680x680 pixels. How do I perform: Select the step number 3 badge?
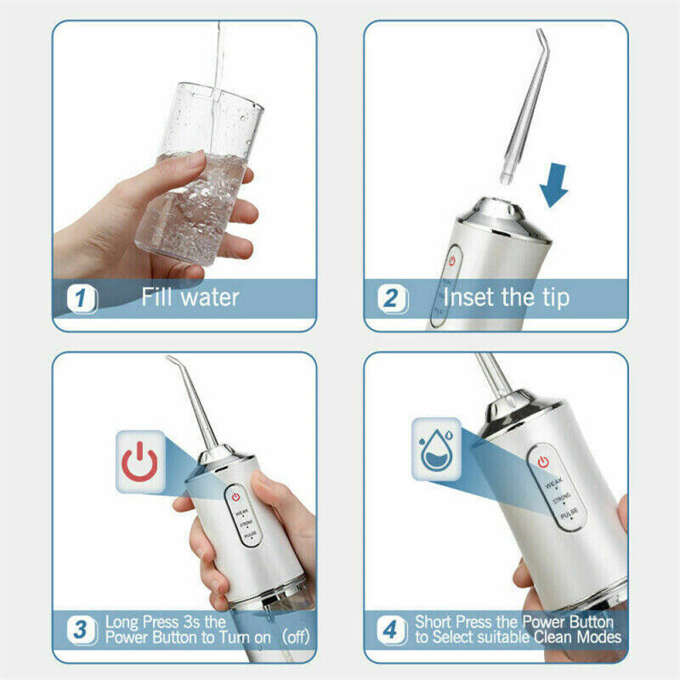point(82,631)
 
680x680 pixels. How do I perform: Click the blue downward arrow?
point(555,185)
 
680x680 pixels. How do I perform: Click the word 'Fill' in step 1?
point(159,298)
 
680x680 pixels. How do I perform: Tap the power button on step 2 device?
point(453,260)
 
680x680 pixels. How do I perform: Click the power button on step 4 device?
point(541,462)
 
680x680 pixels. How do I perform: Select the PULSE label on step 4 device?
point(567,513)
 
